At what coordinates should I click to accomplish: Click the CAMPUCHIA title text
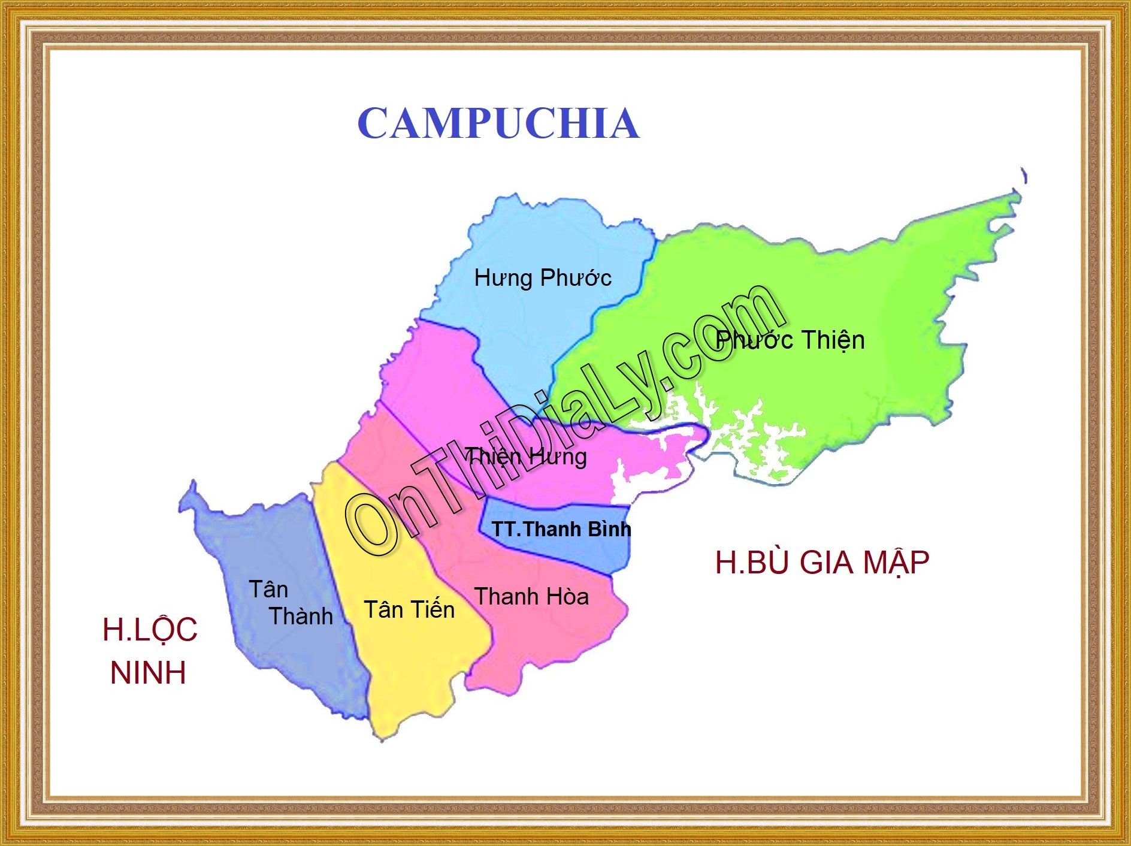[x=498, y=123]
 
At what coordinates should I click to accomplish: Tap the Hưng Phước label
[x=542, y=278]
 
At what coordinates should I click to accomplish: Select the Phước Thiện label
[x=790, y=340]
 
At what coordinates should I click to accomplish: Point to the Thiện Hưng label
[x=526, y=457]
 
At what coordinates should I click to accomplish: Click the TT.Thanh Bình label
[x=561, y=529]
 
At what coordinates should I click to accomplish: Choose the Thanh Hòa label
[x=531, y=597]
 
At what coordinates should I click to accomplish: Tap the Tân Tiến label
[x=409, y=610]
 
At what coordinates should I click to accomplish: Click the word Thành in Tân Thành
[x=301, y=616]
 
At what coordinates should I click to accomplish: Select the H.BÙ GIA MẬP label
[x=822, y=563]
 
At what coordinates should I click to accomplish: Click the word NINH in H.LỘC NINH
[x=148, y=673]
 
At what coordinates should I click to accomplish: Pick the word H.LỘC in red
[x=150, y=630]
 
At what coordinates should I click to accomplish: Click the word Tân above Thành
[x=268, y=590]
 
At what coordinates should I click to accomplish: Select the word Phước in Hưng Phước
[x=576, y=278]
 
